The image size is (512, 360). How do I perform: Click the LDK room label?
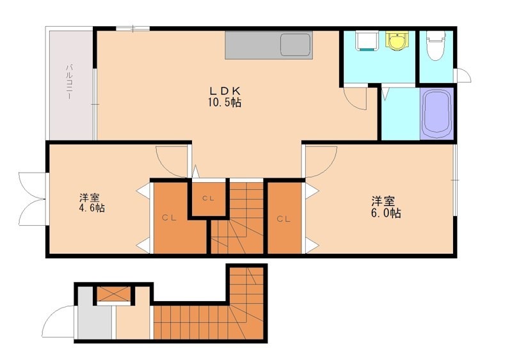coord(225,90)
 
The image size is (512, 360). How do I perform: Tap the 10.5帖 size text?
coord(225,102)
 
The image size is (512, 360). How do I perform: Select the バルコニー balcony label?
coord(69,82)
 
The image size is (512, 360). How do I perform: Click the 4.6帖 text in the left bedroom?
coord(92,208)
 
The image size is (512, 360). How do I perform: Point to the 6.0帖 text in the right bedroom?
coord(386,213)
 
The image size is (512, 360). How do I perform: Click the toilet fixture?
coord(436,45)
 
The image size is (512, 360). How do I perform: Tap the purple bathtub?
coord(436,113)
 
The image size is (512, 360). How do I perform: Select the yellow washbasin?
coord(397,41)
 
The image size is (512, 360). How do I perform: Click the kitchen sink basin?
coord(296,45)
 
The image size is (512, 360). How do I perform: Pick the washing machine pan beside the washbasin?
coord(367,41)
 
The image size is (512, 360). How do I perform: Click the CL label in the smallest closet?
coord(207,198)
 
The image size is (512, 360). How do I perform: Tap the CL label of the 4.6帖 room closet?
coord(169,218)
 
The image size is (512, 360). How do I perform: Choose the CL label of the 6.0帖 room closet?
coord(284,219)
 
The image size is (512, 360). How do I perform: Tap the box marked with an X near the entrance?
coord(114,294)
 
